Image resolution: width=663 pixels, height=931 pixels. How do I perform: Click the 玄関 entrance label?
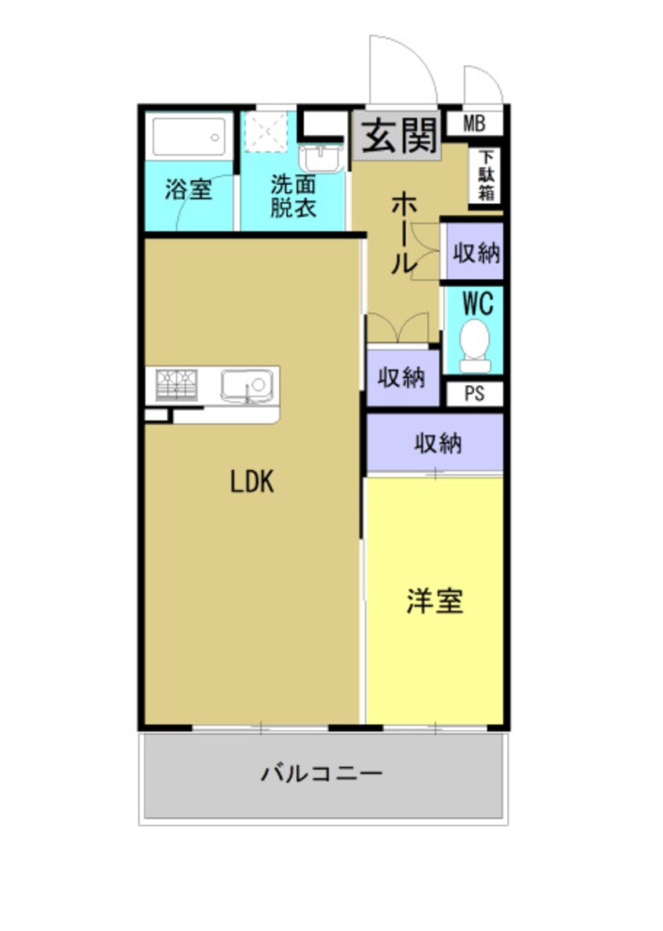[x=398, y=137]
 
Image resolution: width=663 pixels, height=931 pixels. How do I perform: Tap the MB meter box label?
[x=473, y=122]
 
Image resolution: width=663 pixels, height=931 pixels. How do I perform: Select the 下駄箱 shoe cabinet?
[x=484, y=176]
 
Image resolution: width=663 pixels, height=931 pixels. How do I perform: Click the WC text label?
[x=477, y=303]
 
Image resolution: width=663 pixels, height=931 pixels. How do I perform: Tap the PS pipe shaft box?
[x=474, y=394]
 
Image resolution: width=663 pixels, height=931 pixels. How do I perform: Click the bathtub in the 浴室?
[x=189, y=136]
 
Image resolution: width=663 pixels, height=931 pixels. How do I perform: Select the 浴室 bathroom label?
[x=188, y=189]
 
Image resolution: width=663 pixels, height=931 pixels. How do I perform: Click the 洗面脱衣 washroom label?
[x=293, y=197]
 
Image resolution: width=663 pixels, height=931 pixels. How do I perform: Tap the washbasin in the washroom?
[x=321, y=158]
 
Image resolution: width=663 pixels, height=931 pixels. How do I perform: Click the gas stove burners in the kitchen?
[x=176, y=385]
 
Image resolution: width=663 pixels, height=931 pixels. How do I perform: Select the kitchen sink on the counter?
[x=246, y=385]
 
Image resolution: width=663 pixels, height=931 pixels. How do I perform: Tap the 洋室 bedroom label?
[x=434, y=601]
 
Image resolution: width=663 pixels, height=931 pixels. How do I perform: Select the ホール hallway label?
[x=403, y=234]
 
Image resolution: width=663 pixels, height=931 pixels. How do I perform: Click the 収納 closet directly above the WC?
[x=475, y=253]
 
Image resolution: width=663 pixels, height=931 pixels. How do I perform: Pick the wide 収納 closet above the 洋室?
[x=437, y=444]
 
